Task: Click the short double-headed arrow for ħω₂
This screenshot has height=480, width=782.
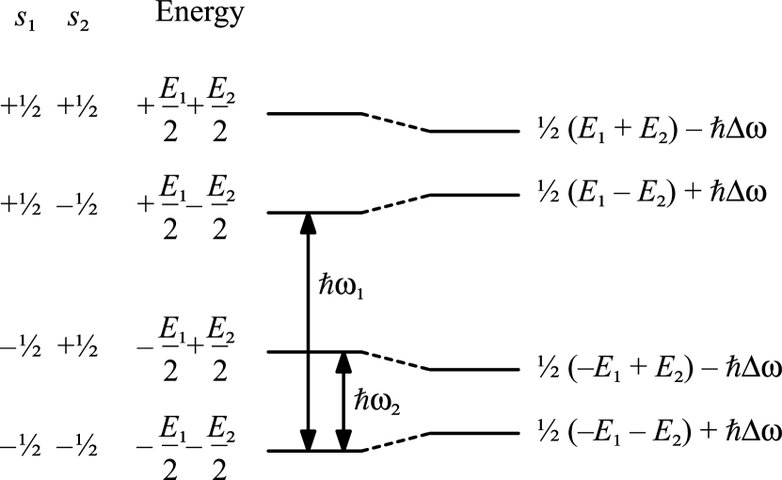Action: coord(343,401)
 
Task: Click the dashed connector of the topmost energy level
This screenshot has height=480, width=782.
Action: coord(396,121)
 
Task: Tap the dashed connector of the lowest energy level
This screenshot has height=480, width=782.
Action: coord(396,442)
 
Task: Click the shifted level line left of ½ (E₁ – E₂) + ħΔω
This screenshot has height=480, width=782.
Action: coord(474,195)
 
